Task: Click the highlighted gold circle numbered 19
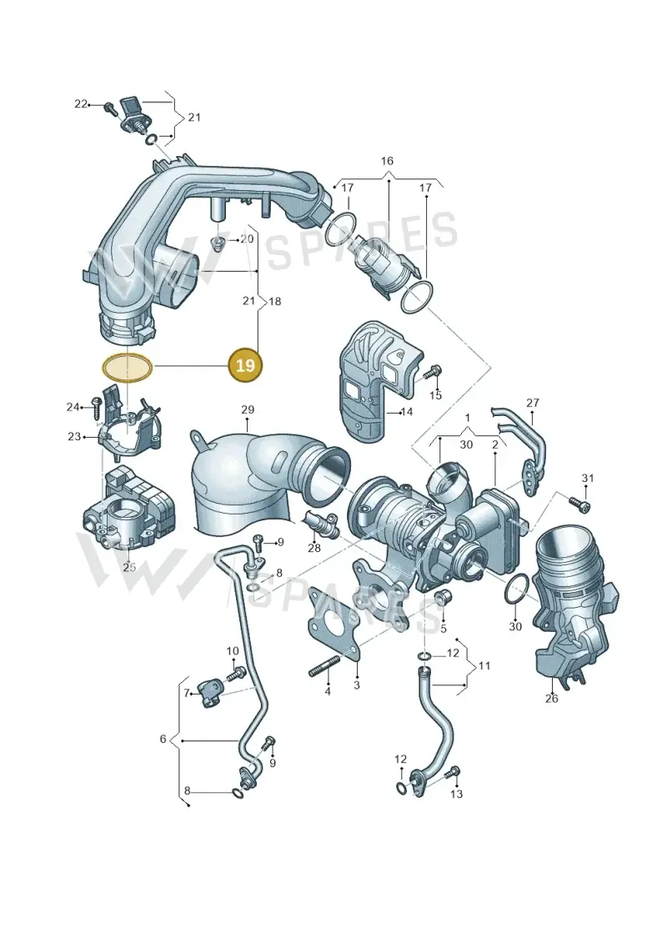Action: (245, 365)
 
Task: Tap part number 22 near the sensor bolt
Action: (81, 104)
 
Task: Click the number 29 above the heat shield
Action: (248, 409)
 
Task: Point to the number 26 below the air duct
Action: (551, 698)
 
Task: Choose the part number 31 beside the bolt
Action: (588, 478)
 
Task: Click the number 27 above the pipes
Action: (533, 403)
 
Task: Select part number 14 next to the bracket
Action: (407, 412)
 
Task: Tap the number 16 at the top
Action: (387, 161)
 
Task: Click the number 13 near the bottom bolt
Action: (457, 794)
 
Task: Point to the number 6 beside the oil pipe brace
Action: (163, 739)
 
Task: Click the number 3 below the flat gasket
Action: (357, 685)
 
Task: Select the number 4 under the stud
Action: (328, 692)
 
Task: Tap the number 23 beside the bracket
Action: (74, 436)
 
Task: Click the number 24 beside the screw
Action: (73, 407)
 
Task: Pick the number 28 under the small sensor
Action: (314, 548)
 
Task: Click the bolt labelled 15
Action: (431, 372)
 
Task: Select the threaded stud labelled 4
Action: (323, 670)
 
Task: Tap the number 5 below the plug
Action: (444, 629)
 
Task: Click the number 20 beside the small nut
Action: (247, 238)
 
